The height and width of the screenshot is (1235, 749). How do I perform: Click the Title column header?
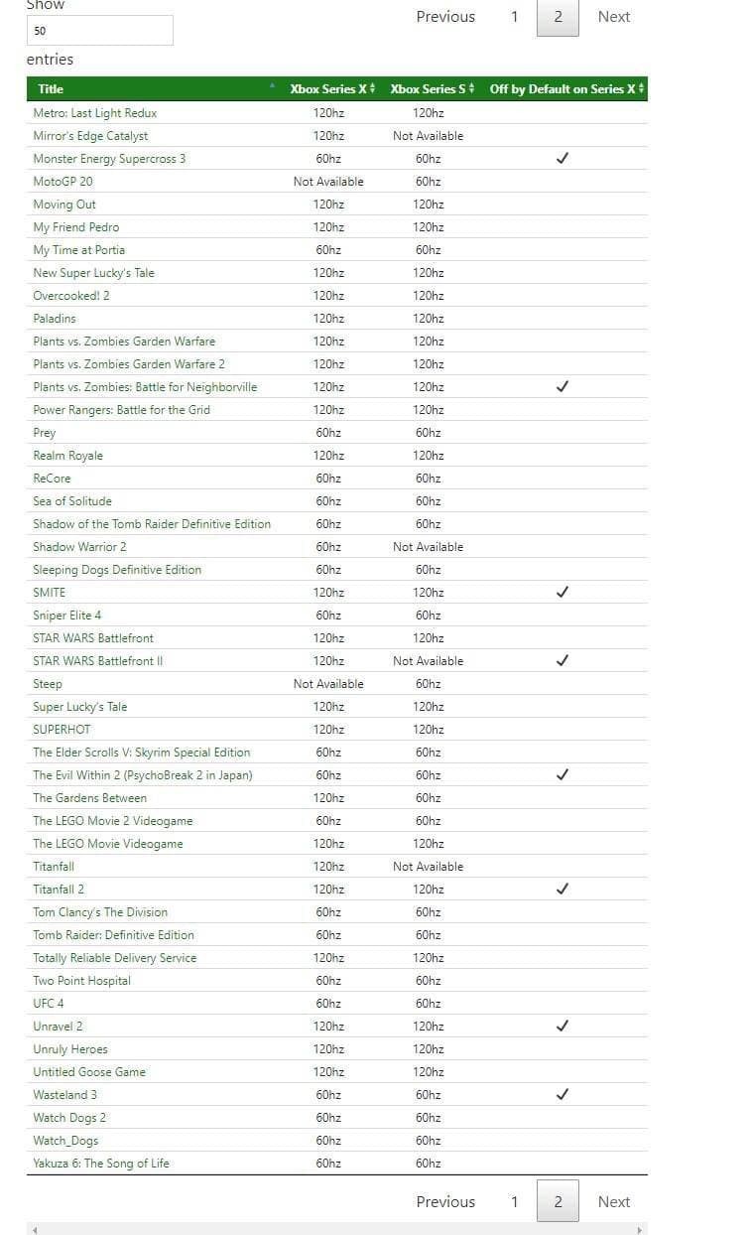click(51, 89)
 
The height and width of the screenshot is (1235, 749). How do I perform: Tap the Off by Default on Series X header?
click(562, 89)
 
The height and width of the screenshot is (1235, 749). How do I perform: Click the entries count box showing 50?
click(99, 31)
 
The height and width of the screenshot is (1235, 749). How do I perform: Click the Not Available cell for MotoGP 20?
click(328, 182)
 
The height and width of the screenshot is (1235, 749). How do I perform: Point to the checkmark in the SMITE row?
click(562, 593)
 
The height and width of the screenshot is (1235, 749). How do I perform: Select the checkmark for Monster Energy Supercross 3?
click(562, 159)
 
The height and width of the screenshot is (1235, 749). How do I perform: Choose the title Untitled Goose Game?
click(89, 1072)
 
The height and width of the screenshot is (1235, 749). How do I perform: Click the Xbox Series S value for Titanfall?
click(428, 867)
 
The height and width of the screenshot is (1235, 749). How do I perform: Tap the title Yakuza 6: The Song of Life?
click(101, 1164)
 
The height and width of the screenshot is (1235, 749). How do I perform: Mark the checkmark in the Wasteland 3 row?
click(562, 1095)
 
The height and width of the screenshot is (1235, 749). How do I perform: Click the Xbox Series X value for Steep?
click(328, 684)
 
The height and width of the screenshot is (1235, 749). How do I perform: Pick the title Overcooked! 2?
click(71, 296)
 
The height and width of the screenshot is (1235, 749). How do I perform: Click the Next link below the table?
click(613, 1201)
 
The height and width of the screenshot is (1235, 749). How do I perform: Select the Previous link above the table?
click(445, 17)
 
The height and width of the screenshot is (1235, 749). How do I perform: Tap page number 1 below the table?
click(514, 1201)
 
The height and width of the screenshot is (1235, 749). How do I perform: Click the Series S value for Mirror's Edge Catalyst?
click(428, 136)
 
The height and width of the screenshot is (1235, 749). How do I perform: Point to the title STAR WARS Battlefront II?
click(97, 661)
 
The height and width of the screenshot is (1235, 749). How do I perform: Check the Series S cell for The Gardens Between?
click(428, 798)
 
